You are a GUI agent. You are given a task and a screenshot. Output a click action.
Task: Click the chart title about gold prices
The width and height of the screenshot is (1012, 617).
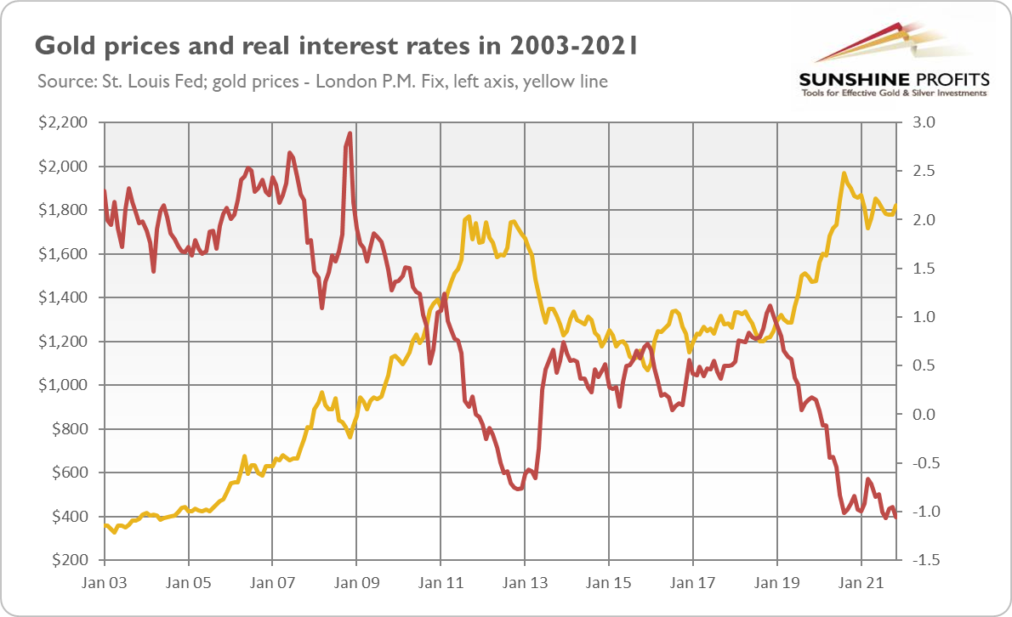(336, 47)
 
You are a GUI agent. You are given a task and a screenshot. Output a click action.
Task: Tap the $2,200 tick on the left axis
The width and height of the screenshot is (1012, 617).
(63, 122)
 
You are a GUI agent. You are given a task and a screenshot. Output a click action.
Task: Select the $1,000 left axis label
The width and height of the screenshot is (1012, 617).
(63, 385)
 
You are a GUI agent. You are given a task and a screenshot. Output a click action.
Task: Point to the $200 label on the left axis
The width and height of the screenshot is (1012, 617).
(70, 560)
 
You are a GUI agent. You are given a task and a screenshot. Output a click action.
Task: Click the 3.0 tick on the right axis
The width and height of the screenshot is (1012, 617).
(924, 122)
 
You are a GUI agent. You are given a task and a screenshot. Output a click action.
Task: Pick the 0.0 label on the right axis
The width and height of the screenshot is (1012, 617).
(924, 414)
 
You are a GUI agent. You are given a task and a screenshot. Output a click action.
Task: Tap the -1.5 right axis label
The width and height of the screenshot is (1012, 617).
(923, 560)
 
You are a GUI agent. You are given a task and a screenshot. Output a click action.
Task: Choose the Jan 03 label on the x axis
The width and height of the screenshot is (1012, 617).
(104, 583)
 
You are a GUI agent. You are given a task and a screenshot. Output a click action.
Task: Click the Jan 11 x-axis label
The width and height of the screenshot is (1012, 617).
(441, 583)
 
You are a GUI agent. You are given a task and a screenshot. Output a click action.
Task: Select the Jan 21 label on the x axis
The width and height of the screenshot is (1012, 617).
(861, 583)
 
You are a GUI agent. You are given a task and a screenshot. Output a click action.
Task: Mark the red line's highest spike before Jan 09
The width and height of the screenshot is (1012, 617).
(350, 133)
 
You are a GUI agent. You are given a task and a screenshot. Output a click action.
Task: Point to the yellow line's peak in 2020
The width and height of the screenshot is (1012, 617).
(844, 173)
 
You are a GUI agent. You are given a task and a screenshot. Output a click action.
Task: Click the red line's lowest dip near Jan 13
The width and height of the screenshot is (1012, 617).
(518, 489)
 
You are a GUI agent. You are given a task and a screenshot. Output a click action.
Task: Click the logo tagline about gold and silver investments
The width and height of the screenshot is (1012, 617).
(894, 93)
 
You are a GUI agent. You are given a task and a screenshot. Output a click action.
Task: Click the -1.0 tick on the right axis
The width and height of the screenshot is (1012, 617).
(923, 512)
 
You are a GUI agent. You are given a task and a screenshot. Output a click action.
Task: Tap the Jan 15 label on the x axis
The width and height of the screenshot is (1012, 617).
(609, 583)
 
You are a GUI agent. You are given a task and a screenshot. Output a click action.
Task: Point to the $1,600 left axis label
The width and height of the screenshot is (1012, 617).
(63, 254)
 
